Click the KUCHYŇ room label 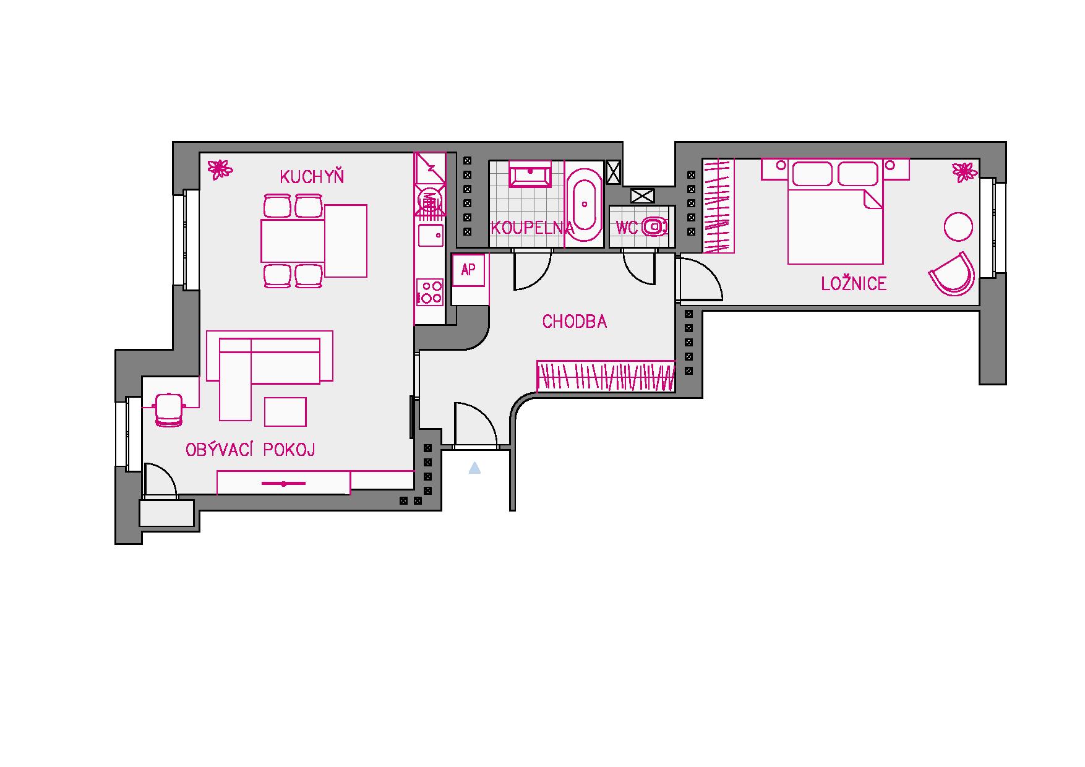click(x=312, y=177)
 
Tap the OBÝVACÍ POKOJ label click(x=251, y=449)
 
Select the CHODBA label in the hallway click(x=575, y=322)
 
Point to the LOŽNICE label click(x=854, y=284)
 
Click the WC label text click(x=626, y=228)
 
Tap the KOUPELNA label click(x=532, y=228)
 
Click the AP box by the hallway click(x=468, y=270)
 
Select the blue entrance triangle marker click(x=474, y=468)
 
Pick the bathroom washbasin click(x=530, y=174)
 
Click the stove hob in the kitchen click(x=430, y=292)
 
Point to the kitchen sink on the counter click(x=430, y=236)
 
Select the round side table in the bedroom click(x=958, y=227)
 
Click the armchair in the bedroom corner click(x=953, y=273)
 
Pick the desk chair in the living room click(x=168, y=409)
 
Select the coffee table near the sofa click(x=285, y=412)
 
